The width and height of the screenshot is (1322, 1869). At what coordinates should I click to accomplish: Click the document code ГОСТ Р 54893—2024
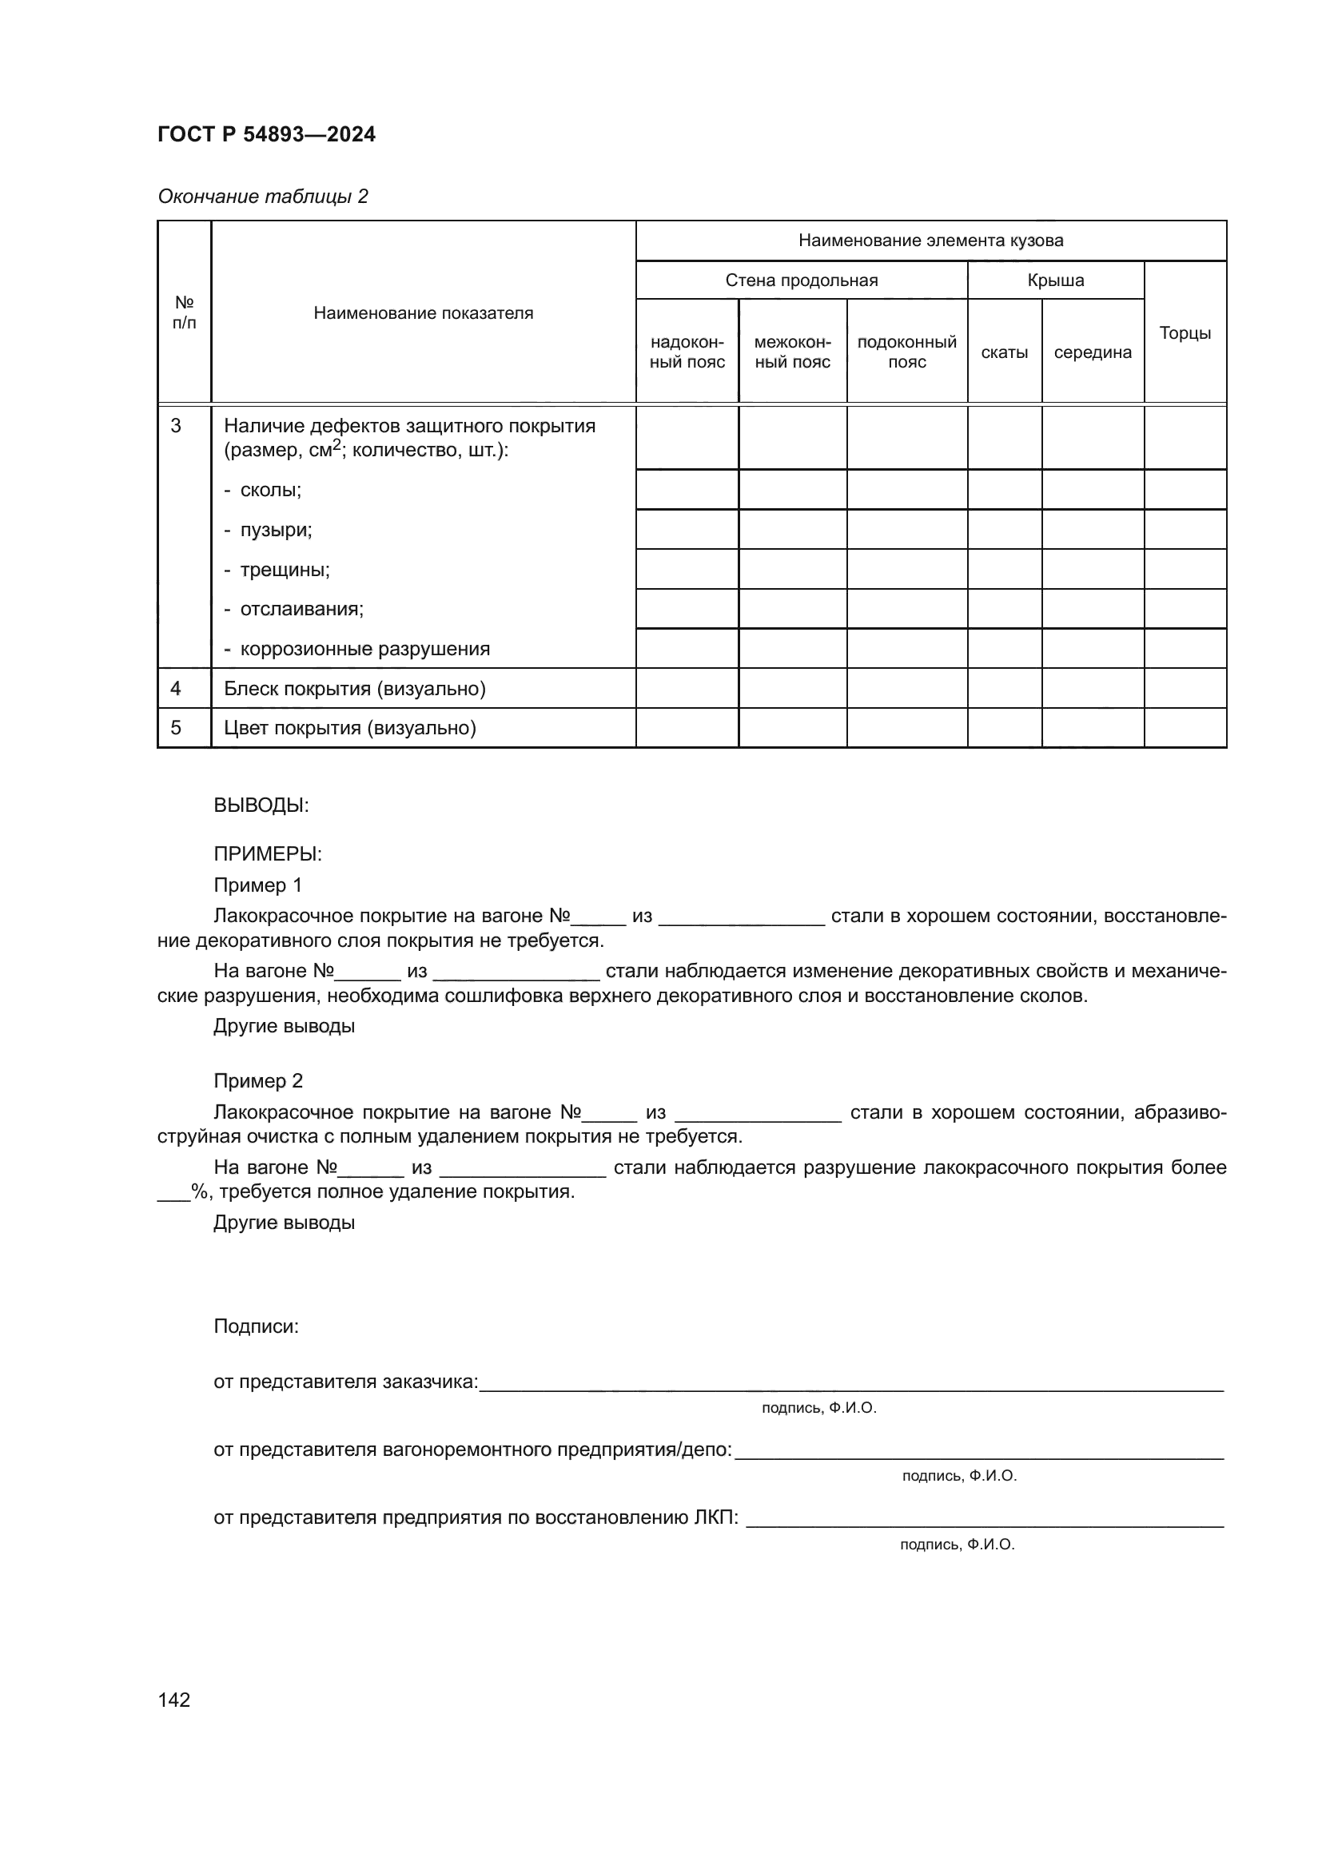pyautogui.click(x=266, y=134)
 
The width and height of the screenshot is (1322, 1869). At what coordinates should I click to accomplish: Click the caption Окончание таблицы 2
pyautogui.click(x=262, y=197)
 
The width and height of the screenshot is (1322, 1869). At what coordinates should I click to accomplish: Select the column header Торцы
pyautogui.click(x=1185, y=332)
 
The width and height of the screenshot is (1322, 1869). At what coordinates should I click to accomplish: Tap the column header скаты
pyautogui.click(x=1004, y=352)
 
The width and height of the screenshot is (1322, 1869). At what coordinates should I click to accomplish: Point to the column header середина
pyautogui.click(x=1092, y=352)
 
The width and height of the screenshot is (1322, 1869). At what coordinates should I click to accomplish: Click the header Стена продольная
pyautogui.click(x=801, y=280)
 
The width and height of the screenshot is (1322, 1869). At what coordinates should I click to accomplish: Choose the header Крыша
pyautogui.click(x=1055, y=280)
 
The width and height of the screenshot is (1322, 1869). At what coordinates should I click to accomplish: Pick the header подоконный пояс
pyautogui.click(x=906, y=352)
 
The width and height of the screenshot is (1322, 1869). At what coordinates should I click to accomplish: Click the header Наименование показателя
pyautogui.click(x=424, y=313)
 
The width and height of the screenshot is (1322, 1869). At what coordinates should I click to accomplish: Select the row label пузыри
pyautogui.click(x=275, y=530)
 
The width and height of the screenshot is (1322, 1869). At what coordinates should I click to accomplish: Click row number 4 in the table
pyautogui.click(x=176, y=689)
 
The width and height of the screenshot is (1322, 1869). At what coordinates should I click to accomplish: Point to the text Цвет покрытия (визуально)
pyautogui.click(x=349, y=728)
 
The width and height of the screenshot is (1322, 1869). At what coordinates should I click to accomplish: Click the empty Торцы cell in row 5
pyautogui.click(x=1185, y=728)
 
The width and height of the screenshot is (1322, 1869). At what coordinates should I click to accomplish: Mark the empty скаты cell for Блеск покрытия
pyautogui.click(x=1004, y=689)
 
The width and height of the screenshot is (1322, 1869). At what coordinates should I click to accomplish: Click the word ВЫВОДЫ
pyautogui.click(x=261, y=805)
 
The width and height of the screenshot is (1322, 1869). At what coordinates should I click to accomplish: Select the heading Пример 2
pyautogui.click(x=258, y=1081)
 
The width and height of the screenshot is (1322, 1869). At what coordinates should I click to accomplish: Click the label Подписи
pyautogui.click(x=256, y=1326)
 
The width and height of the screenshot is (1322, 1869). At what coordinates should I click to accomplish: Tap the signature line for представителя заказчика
pyautogui.click(x=850, y=1386)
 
